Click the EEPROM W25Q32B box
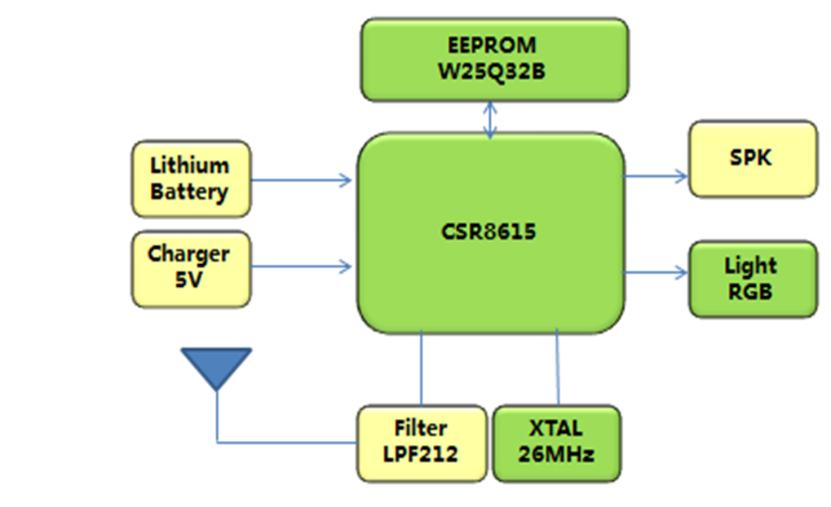pos(494,60)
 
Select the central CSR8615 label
pos(490,232)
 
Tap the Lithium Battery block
pos(190,179)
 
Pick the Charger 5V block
pos(190,268)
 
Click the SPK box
pos(752,158)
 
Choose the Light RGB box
pos(752,278)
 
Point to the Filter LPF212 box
pos(421,443)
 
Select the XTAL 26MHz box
pos(557,443)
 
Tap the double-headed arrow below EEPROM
pos(490,120)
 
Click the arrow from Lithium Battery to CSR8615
pos(302,179)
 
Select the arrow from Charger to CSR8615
pos(302,266)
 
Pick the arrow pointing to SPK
pos(656,174)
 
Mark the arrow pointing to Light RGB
pos(656,272)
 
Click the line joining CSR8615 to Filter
pos(422,368)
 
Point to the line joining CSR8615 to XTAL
pos(558,368)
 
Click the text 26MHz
pos(557,454)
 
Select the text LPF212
pos(421,454)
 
